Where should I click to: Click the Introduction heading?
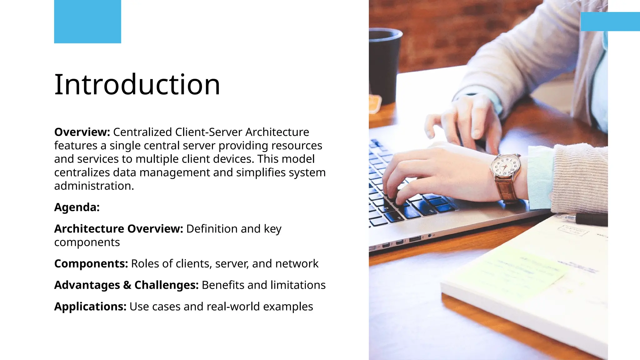[x=137, y=84]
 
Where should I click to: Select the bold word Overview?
[x=82, y=132]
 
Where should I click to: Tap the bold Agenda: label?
[x=77, y=207]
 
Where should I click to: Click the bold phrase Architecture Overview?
[x=118, y=229]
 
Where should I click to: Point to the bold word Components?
[x=91, y=264]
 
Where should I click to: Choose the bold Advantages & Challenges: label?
[x=126, y=285]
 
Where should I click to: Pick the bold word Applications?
[x=90, y=307]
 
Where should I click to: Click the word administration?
[x=94, y=186]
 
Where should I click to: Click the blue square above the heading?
[x=87, y=22]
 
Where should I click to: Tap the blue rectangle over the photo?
[x=610, y=22]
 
